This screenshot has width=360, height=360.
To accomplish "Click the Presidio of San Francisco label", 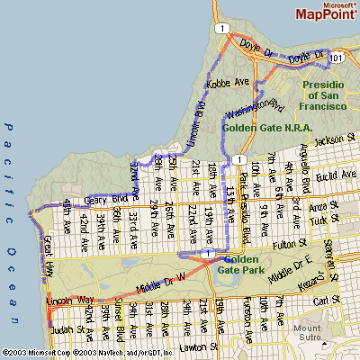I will [x=324, y=93].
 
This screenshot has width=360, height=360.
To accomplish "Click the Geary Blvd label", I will [x=102, y=199].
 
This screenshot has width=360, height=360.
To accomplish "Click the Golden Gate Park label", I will [x=244, y=265].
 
